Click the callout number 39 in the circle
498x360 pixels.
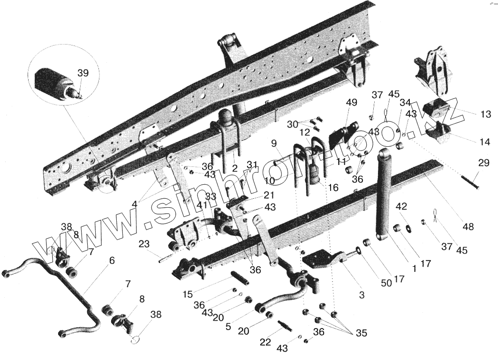coord(83,73)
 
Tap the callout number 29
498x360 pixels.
coord(483,163)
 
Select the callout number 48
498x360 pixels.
coord(468,226)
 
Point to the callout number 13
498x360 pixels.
coord(485,114)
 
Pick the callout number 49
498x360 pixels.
coord(352,103)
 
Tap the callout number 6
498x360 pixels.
coord(111,261)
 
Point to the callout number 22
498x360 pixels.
coord(265,343)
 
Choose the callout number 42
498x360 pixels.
coord(401,206)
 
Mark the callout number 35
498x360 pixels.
coord(361,333)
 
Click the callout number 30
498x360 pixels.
coord(293,124)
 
